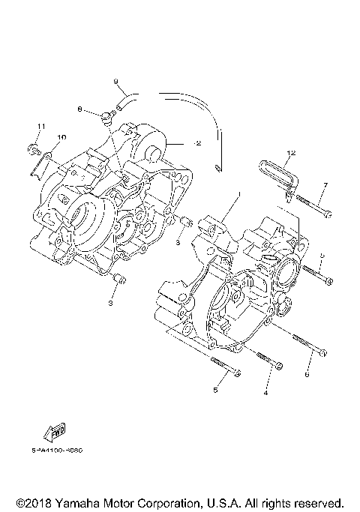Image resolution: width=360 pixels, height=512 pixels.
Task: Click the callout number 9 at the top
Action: pyautogui.click(x=116, y=80)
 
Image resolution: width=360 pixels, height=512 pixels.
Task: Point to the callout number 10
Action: pyautogui.click(x=61, y=137)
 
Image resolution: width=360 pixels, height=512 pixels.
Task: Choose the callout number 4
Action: pyautogui.click(x=265, y=392)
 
